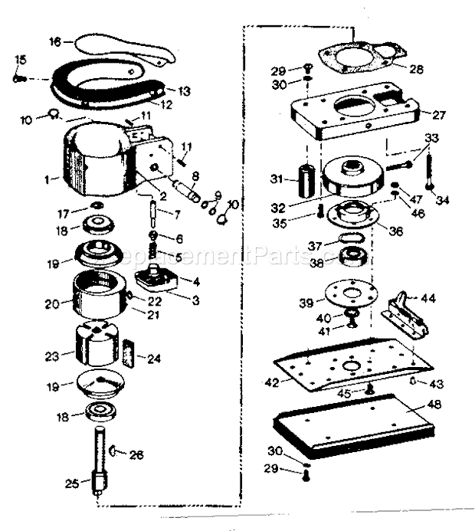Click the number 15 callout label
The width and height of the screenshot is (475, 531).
(x=20, y=61)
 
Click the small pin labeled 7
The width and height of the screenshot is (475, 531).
(x=154, y=209)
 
